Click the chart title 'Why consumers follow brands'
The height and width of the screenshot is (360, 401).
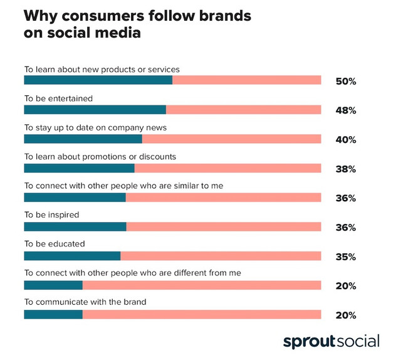click(137, 16)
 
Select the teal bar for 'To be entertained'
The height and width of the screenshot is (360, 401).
click(95, 110)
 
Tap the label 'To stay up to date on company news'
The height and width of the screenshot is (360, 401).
click(95, 127)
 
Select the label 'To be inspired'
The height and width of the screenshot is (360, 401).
click(51, 214)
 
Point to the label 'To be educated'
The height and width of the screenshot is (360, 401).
click(55, 243)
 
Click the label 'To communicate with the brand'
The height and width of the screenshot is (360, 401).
click(85, 302)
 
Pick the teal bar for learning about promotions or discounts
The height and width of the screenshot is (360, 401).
click(79, 168)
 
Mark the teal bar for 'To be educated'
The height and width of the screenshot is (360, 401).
click(72, 256)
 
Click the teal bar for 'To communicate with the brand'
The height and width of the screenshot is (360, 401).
click(53, 314)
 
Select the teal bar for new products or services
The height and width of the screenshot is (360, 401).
click(98, 80)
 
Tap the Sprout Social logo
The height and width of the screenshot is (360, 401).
click(331, 342)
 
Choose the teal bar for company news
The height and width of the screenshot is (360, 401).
click(83, 139)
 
